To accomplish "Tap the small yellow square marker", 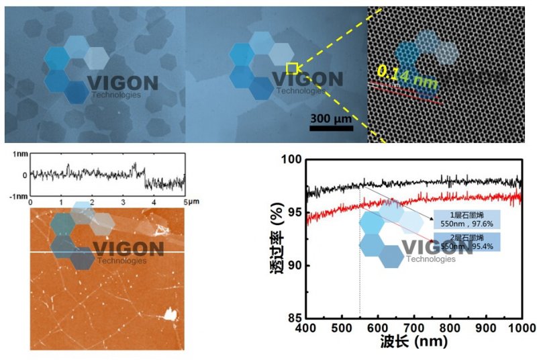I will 292,67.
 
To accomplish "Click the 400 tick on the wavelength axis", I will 306,328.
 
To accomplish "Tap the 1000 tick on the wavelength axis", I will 521,328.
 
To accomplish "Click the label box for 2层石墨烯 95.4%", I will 468,241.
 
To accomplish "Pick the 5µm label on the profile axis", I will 189,201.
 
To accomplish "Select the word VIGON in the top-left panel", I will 122,84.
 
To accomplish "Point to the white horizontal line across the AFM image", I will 107,252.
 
